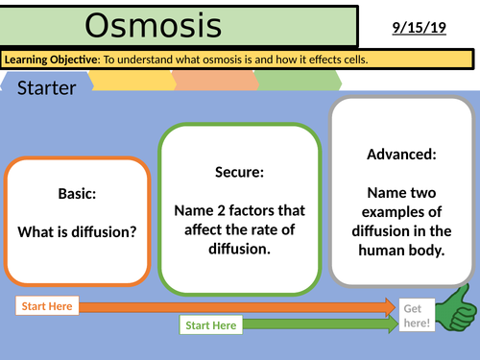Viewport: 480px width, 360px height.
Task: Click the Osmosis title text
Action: tap(153, 26)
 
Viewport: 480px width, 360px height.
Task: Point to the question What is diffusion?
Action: tap(77, 232)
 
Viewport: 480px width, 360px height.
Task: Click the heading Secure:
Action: tap(239, 173)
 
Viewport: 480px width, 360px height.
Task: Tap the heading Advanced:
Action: tap(401, 154)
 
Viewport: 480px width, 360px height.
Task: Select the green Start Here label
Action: tap(211, 325)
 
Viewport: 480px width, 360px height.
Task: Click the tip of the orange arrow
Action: tap(394, 306)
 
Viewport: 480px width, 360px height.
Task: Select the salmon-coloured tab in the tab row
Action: tap(216, 82)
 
